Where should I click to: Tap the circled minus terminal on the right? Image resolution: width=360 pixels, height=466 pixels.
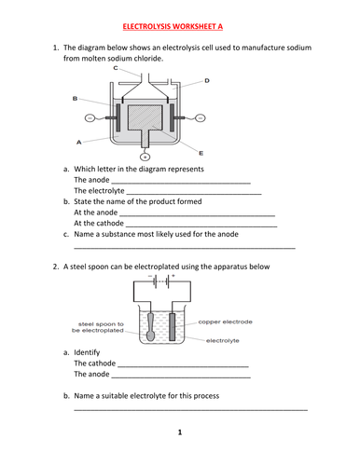pos(224,118)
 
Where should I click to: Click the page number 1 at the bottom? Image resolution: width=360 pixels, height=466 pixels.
pos(179,432)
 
